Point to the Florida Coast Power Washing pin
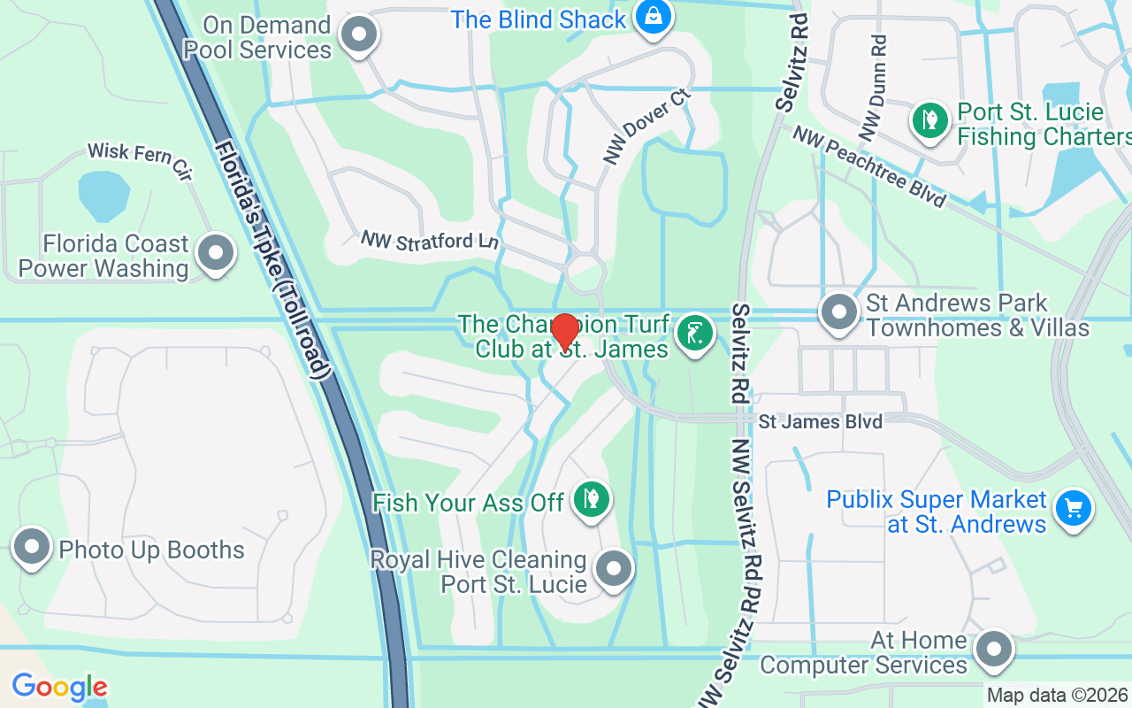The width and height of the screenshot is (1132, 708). [x=215, y=254]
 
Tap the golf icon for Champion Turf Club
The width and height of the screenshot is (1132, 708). [x=694, y=335]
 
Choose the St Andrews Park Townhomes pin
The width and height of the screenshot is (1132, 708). [x=838, y=312]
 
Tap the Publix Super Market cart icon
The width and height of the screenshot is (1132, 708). [x=1074, y=509]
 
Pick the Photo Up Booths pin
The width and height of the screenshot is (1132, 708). [x=33, y=547]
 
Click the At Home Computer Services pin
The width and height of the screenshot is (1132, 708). [x=994, y=650]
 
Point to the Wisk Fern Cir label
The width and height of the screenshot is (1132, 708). [x=139, y=159]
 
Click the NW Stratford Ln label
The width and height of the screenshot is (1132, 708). [x=430, y=241]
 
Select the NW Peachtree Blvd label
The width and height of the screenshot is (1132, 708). [x=868, y=166]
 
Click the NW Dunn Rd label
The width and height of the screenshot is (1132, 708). [x=875, y=88]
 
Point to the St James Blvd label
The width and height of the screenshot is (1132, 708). [x=820, y=421]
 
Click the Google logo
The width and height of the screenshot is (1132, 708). [x=59, y=687]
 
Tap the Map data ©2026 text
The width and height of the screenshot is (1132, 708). [x=1057, y=696]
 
